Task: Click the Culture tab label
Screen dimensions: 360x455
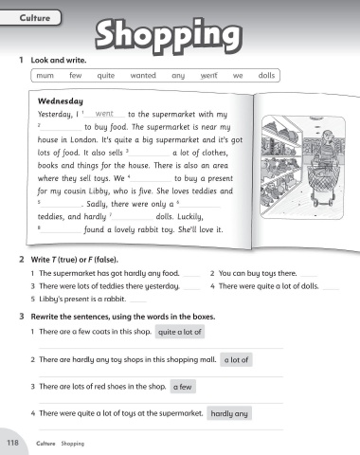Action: point(35,18)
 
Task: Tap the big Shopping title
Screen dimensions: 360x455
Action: point(169,35)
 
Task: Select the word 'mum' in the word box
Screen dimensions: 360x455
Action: point(45,76)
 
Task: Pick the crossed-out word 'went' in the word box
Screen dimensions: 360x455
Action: point(209,76)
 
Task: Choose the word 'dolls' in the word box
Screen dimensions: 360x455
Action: point(266,75)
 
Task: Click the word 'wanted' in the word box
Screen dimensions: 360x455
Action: point(143,75)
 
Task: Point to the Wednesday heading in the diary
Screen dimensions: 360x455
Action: point(61,101)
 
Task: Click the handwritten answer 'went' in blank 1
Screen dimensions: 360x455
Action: point(104,113)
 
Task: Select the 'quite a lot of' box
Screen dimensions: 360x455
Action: point(180,332)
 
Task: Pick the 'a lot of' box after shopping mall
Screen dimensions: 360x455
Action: point(236,359)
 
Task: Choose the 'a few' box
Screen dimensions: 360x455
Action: point(183,387)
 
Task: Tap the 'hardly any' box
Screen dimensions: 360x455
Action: point(229,413)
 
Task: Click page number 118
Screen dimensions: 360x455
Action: point(12,443)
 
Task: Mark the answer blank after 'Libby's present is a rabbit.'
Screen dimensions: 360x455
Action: point(138,301)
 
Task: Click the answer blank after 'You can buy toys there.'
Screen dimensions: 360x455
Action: point(309,276)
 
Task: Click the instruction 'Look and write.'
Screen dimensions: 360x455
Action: point(59,60)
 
